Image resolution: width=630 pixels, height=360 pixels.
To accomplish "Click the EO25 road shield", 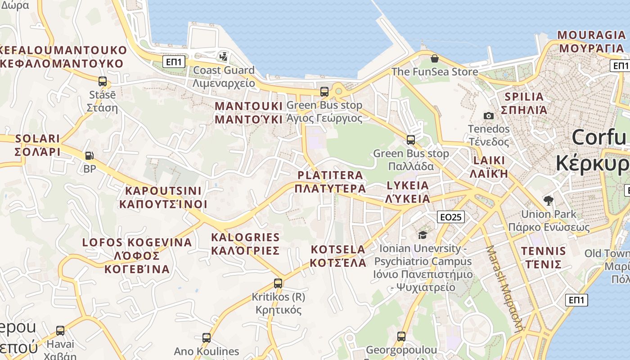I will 450,217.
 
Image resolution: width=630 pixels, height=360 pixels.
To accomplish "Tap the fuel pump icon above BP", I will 90,156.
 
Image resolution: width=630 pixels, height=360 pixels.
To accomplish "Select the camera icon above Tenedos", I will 488,116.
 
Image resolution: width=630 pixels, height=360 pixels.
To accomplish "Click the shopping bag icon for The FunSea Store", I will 434,58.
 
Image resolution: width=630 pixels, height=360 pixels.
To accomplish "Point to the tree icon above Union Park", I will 548,201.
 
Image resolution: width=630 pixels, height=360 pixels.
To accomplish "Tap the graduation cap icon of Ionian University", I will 422,235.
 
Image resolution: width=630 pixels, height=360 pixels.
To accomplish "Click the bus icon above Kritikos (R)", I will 278,283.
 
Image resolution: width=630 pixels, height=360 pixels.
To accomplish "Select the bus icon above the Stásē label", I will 103,81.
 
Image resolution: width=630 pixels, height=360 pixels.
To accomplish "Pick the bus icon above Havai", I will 60,331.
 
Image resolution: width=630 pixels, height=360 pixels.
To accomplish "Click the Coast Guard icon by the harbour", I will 223,57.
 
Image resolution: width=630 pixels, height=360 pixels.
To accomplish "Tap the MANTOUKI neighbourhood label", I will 249,112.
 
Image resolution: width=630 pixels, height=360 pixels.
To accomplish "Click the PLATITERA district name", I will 330,181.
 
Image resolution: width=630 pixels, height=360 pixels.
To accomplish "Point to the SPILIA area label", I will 524,103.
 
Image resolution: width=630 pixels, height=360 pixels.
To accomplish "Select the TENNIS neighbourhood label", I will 543,257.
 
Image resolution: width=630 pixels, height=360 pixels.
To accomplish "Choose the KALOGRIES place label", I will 245,243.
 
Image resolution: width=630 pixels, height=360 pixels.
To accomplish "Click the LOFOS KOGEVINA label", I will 137,256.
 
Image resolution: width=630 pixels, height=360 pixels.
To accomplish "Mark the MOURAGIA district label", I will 591,41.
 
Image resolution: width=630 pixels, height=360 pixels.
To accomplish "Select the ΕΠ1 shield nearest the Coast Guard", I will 174,62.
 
